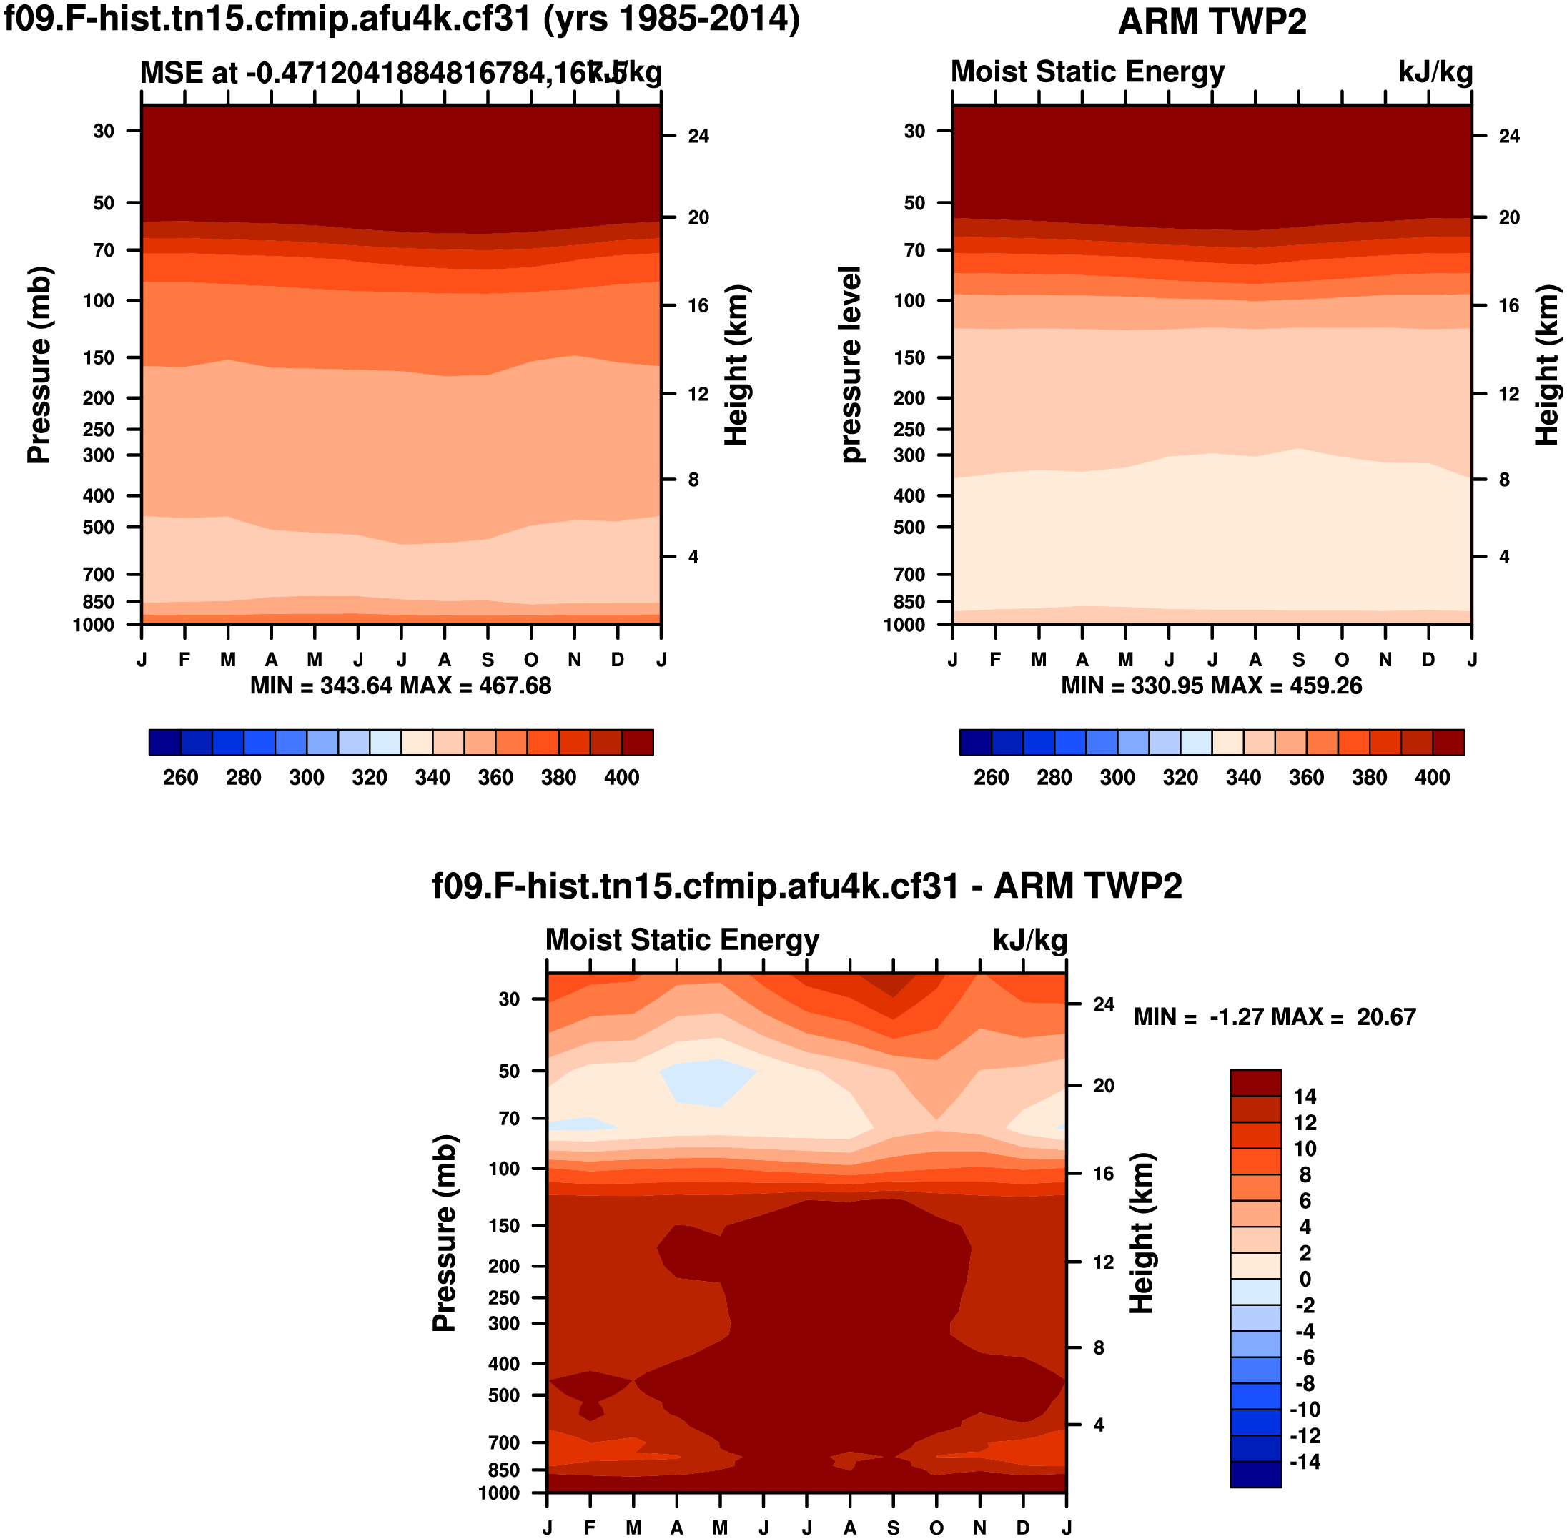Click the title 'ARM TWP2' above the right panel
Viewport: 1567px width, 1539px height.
tap(1211, 22)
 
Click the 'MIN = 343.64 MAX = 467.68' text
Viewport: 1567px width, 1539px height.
tap(400, 686)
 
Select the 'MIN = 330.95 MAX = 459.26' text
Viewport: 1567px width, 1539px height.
tap(1211, 686)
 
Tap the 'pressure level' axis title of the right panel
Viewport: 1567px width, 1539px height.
tap(851, 365)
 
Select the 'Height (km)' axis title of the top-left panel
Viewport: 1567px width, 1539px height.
tap(736, 365)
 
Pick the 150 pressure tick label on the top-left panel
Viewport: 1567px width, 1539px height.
tap(99, 357)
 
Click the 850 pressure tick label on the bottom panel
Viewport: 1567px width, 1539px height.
tap(504, 1470)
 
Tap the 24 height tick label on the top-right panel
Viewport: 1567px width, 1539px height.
tap(1509, 137)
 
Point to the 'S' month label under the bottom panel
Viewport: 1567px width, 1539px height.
tap(893, 1528)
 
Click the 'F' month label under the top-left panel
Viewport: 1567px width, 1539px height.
tap(184, 660)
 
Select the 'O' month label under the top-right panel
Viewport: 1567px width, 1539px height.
tap(1341, 660)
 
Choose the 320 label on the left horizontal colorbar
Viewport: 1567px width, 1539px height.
tap(370, 778)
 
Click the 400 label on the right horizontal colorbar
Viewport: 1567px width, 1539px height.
tap(1432, 778)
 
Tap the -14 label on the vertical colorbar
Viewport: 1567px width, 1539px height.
tap(1304, 1461)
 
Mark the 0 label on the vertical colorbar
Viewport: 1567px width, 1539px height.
tap(1304, 1279)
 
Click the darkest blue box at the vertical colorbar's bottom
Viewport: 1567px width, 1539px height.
tap(1255, 1475)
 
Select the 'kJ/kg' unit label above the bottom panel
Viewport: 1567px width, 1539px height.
tap(1029, 940)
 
